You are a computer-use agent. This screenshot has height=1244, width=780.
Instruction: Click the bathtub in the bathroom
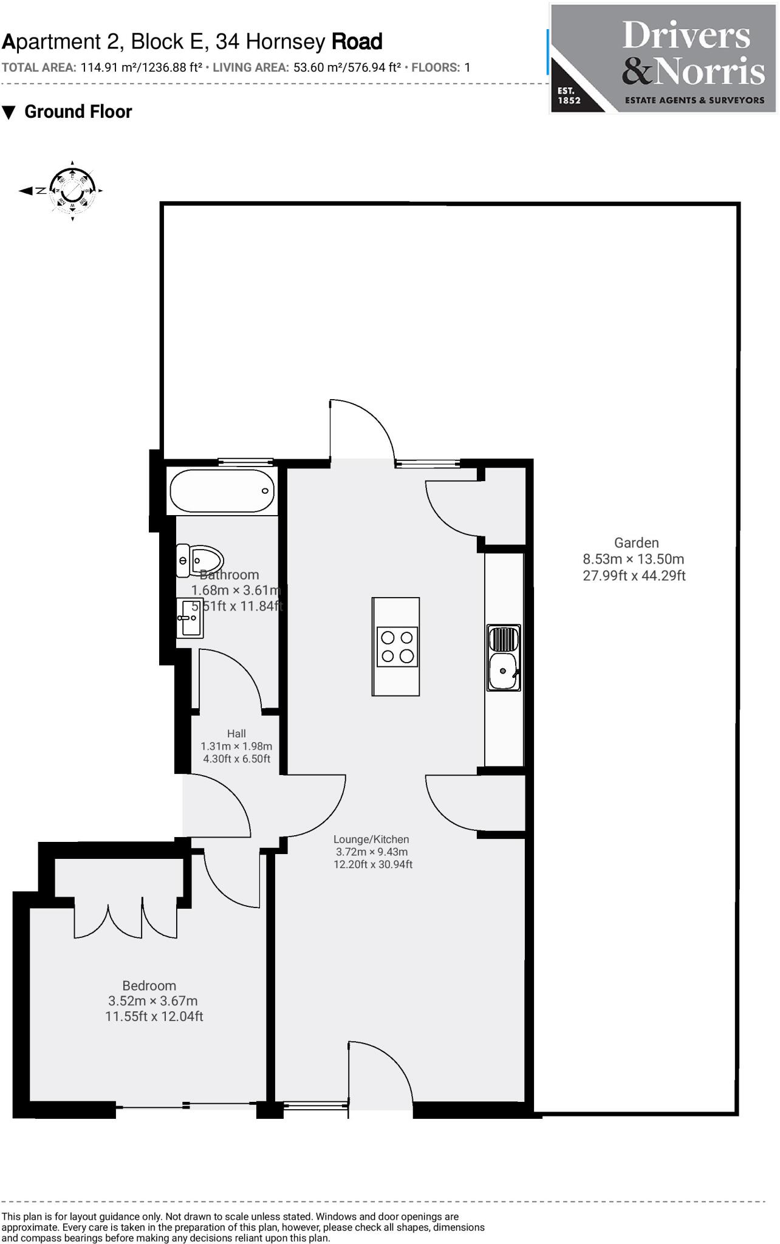point(222,491)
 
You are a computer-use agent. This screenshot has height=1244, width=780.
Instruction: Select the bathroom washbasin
point(190,618)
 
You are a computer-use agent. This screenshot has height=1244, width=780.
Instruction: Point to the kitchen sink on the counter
point(504,658)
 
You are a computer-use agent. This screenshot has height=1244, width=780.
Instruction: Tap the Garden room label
point(636,543)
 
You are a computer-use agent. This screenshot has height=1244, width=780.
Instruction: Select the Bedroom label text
point(149,986)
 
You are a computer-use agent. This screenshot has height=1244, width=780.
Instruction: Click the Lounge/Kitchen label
point(371,839)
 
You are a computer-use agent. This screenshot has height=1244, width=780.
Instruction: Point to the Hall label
point(236,734)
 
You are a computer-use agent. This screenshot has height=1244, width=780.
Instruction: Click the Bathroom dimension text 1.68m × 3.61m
point(236,590)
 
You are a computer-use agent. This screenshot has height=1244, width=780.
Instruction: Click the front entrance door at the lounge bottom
point(380,1078)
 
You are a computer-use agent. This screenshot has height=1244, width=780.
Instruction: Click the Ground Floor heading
point(78,112)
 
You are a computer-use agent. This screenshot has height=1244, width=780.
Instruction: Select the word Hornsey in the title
point(286,42)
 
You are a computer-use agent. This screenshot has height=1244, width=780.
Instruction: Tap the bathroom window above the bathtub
point(245,462)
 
